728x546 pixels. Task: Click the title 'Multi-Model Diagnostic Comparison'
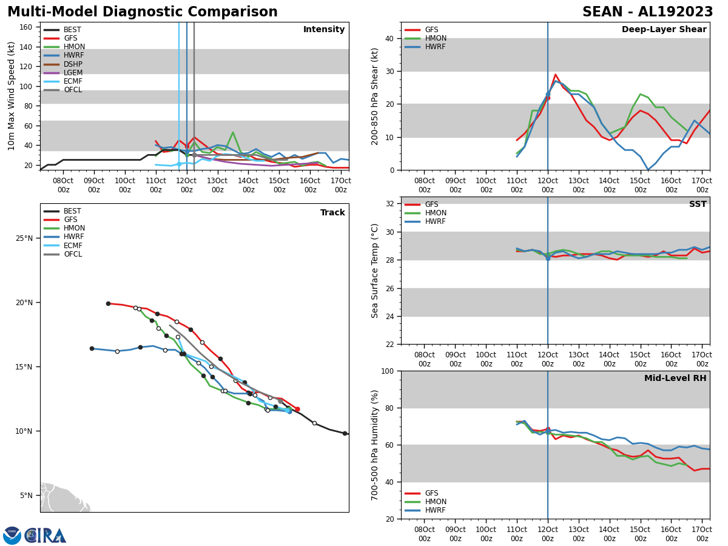pyautogui.click(x=143, y=12)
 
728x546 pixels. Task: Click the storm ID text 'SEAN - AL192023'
pyautogui.click(x=647, y=12)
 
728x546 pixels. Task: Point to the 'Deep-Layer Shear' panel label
pyautogui.click(x=664, y=30)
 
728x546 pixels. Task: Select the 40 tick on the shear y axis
pyautogui.click(x=389, y=39)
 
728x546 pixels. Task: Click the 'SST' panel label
pyautogui.click(x=698, y=204)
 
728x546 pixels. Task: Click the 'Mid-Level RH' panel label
pyautogui.click(x=675, y=379)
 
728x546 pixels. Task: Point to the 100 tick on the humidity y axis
pyautogui.click(x=386, y=371)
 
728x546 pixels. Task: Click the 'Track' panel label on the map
pyautogui.click(x=332, y=213)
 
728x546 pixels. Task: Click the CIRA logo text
pyautogui.click(x=45, y=536)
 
